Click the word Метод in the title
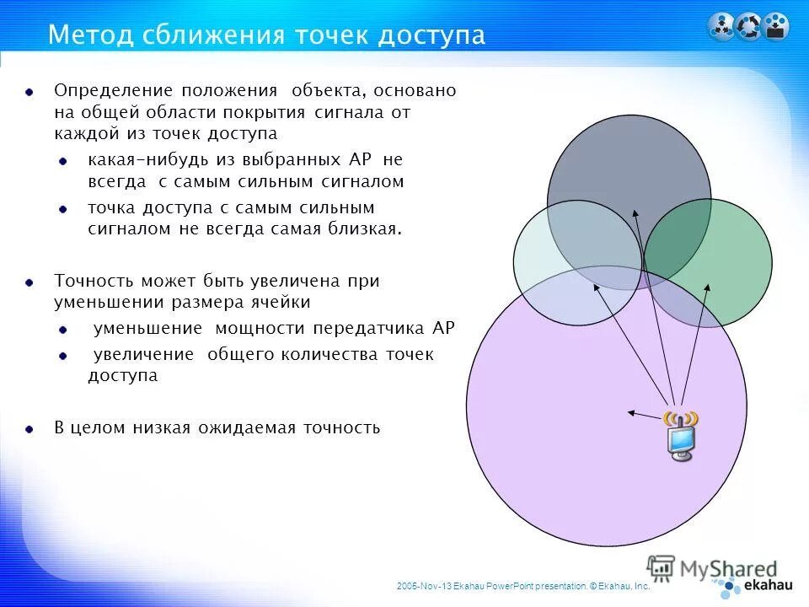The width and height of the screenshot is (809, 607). click(85, 35)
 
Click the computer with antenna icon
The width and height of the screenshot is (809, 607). click(681, 435)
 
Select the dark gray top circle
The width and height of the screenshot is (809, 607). click(628, 160)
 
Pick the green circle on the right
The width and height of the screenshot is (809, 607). click(725, 253)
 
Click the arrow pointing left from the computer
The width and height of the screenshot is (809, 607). click(644, 415)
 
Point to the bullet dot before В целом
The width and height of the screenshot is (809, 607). click(29, 428)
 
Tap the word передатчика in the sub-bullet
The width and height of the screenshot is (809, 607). click(374, 329)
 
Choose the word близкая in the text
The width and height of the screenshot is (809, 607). click(366, 228)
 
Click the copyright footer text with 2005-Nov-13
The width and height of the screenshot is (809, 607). click(522, 584)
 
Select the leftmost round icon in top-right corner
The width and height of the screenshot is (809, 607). click(721, 26)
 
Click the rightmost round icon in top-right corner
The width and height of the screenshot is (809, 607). click(776, 26)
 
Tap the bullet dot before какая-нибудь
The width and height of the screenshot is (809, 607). click(63, 160)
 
